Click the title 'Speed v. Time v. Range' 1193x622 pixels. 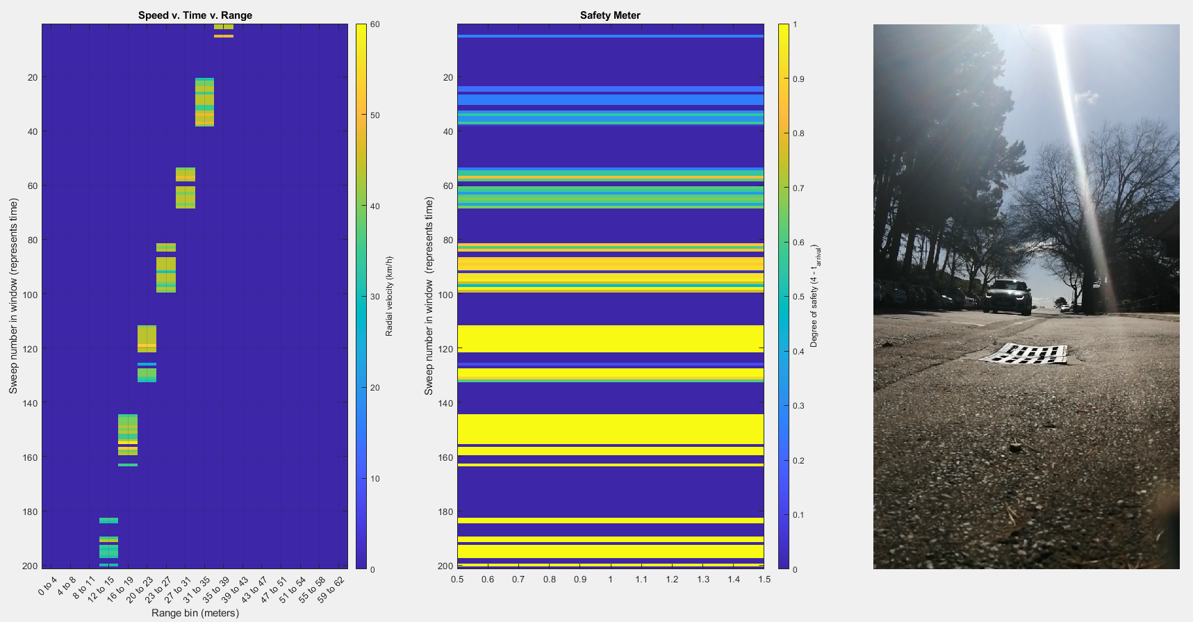tap(195, 15)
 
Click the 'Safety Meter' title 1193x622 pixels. tap(610, 15)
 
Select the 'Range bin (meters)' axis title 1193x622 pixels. tap(195, 613)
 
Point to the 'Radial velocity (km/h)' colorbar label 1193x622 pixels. tap(389, 296)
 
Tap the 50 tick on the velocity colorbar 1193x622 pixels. tap(375, 115)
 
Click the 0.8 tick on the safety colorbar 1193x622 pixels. tap(798, 133)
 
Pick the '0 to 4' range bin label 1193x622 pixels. tap(48, 587)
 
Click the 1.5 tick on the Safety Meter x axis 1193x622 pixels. tap(764, 579)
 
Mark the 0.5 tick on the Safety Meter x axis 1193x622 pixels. tap(457, 579)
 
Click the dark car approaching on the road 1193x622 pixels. tap(1007, 297)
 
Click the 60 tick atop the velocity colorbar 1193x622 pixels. tap(375, 24)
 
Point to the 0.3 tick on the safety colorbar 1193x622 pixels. tap(798, 406)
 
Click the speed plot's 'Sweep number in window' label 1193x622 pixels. tap(13, 296)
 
